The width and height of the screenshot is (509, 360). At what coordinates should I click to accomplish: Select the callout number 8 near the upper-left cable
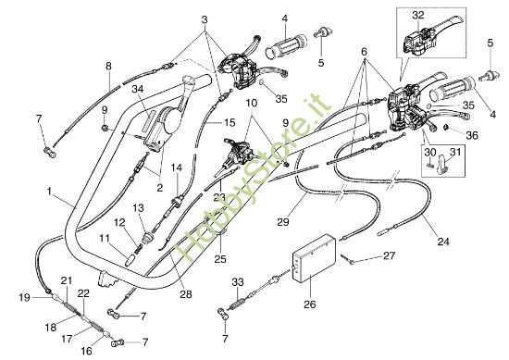point(108,66)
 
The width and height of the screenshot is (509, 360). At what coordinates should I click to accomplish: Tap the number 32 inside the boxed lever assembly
point(417,14)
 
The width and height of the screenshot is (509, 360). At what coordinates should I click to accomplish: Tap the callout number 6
point(364,54)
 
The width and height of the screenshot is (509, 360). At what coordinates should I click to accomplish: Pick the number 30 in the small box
point(429,152)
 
